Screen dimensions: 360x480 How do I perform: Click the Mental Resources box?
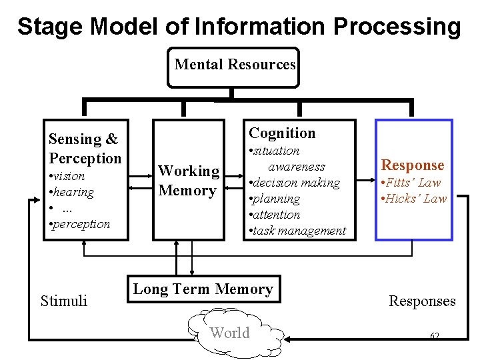tap(233, 66)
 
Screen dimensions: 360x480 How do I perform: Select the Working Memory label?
tap(189, 181)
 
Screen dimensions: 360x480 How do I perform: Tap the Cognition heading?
tap(282, 133)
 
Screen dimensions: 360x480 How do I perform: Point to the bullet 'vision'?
tap(67, 176)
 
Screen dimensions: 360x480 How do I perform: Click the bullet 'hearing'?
tap(71, 192)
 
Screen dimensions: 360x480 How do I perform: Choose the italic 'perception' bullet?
tap(79, 224)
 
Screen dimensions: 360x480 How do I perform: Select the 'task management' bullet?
tap(297, 231)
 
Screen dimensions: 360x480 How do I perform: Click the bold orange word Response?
tap(412, 165)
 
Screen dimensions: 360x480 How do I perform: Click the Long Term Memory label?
tap(203, 289)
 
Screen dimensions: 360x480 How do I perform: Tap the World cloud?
tap(230, 333)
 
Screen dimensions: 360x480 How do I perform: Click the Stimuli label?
tap(64, 301)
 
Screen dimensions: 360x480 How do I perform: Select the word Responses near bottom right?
tap(422, 301)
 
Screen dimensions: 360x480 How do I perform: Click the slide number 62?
tap(435, 335)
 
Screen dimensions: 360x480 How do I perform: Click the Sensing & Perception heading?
tap(85, 149)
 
